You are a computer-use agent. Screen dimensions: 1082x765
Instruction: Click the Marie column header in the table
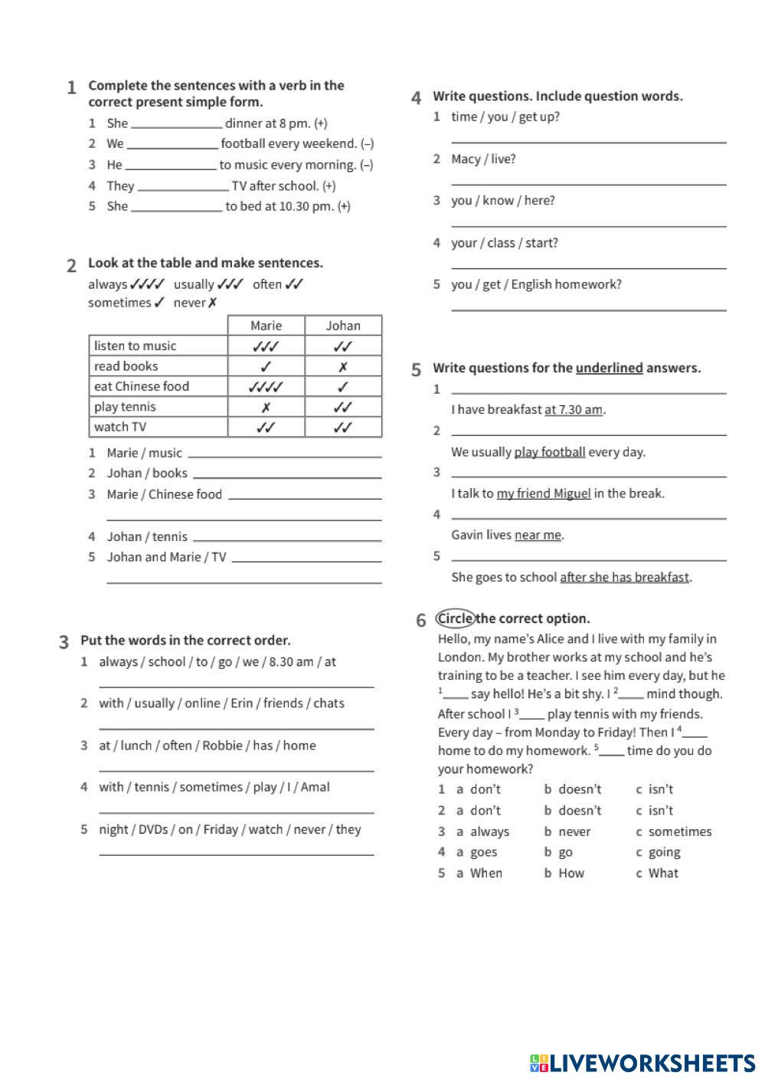point(266,326)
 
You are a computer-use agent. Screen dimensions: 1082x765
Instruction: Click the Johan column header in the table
point(343,326)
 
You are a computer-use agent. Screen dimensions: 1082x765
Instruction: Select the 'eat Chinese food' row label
point(142,386)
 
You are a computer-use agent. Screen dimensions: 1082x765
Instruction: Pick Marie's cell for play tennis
point(266,407)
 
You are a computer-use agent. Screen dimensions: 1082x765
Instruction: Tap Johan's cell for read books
point(343,366)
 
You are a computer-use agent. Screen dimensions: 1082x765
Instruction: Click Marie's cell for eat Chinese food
point(266,386)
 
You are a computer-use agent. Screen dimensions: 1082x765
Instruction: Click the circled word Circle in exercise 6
point(455,618)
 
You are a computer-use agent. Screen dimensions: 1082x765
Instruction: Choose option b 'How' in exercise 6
point(570,873)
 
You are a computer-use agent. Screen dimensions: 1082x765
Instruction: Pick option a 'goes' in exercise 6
point(483,852)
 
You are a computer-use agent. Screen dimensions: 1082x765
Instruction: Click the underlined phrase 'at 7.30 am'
point(574,409)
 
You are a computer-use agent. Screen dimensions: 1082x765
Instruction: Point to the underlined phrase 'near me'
point(538,535)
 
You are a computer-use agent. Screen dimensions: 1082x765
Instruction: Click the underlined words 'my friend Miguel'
point(544,493)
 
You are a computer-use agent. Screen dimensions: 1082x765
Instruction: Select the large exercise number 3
point(64,641)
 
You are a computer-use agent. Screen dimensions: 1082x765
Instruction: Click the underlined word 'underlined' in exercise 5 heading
point(609,368)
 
